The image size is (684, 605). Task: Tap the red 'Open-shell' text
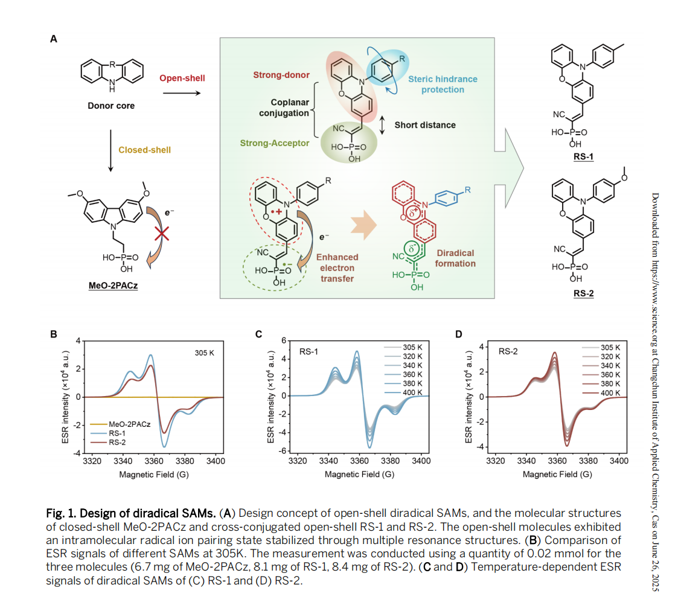pyautogui.click(x=182, y=78)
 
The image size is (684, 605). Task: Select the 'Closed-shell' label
pyautogui.click(x=144, y=149)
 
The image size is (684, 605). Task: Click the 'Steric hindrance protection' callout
pyautogui.click(x=443, y=84)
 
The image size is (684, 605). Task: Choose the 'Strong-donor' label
pyautogui.click(x=281, y=75)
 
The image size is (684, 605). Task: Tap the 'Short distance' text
pyautogui.click(x=425, y=125)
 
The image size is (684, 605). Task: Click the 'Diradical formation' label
pyautogui.click(x=455, y=258)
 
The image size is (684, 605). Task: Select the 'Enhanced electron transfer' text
pyautogui.click(x=337, y=267)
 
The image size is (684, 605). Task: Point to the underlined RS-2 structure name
pyautogui.click(x=583, y=293)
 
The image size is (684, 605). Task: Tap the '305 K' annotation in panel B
pyautogui.click(x=204, y=351)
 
